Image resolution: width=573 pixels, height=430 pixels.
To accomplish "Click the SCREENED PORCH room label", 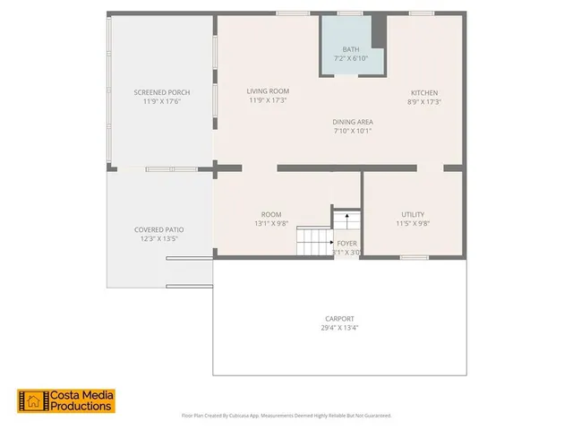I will [161, 92].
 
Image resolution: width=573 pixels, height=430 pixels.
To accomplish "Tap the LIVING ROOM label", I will [268, 91].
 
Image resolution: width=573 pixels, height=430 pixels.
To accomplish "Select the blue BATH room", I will [352, 45].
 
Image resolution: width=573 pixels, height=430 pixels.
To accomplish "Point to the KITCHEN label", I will [424, 93].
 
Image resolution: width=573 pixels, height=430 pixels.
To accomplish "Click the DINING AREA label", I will [352, 122].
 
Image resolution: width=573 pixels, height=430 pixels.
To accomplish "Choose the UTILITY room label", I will [413, 215].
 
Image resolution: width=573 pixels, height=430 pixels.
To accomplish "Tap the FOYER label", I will [346, 243].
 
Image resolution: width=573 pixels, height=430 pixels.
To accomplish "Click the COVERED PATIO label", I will [158, 230].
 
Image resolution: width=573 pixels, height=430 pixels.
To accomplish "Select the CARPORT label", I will [339, 319].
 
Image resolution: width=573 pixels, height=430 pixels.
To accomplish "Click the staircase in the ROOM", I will [314, 240].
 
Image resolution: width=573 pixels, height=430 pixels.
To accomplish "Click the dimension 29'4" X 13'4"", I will [339, 328].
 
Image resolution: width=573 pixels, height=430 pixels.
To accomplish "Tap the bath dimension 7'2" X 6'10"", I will [352, 58].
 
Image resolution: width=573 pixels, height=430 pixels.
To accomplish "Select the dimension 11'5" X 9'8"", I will [413, 224].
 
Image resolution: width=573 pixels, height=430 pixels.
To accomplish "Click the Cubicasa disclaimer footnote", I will [286, 416].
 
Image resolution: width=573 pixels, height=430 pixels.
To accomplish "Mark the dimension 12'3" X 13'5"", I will [158, 239].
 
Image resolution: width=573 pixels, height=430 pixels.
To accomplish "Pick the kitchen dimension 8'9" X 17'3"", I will [424, 102].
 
